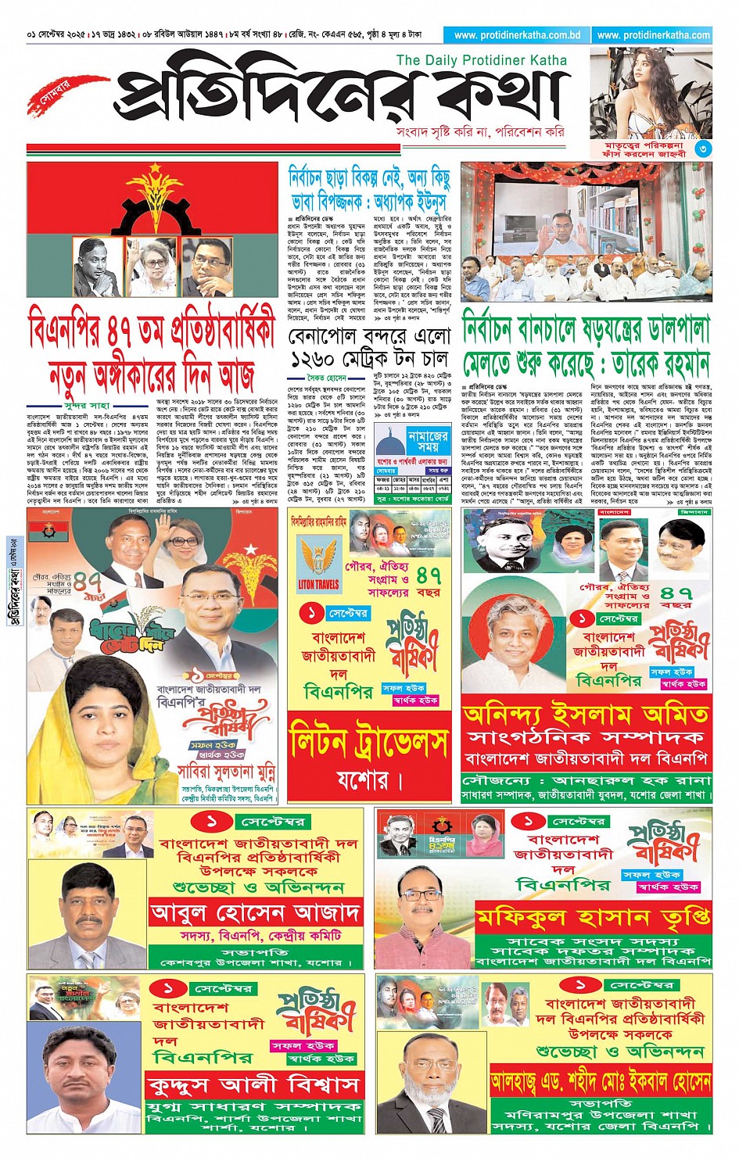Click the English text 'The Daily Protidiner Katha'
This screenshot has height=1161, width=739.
click(x=481, y=60)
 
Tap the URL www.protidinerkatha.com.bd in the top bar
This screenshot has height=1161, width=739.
click(x=517, y=35)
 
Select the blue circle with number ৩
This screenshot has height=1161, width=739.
click(x=703, y=149)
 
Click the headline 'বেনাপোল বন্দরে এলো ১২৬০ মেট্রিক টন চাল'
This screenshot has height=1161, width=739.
click(x=369, y=348)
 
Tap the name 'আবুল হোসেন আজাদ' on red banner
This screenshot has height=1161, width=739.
click(x=255, y=912)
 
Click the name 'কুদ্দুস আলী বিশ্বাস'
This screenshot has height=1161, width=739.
click(x=255, y=1085)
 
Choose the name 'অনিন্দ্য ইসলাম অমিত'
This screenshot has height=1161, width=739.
click(x=586, y=715)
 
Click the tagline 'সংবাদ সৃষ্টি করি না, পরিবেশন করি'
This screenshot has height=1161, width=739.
click(x=480, y=132)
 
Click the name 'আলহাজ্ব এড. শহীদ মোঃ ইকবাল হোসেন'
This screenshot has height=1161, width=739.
click(x=601, y=1082)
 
